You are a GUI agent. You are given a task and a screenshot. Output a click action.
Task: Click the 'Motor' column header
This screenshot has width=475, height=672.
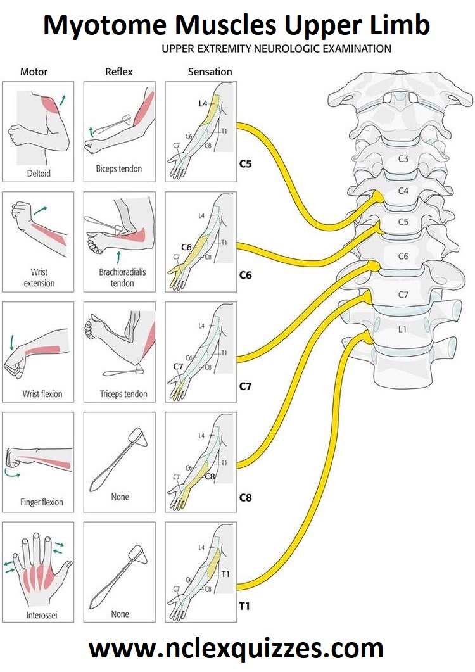(x=34, y=72)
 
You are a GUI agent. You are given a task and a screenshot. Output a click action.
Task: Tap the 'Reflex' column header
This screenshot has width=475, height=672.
(x=119, y=72)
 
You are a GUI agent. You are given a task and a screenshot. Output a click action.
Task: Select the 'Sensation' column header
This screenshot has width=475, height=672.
(x=210, y=72)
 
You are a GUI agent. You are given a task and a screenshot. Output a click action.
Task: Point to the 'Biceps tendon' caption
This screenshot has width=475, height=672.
(x=119, y=169)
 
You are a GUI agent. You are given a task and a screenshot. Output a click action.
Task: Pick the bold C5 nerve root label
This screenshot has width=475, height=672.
(x=246, y=165)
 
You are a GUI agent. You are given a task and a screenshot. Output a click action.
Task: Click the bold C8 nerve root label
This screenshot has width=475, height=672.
(x=246, y=498)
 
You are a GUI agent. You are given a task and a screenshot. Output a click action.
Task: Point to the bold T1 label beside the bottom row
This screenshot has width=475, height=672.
(x=244, y=607)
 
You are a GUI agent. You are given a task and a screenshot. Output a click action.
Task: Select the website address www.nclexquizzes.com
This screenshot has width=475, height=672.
(x=237, y=649)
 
